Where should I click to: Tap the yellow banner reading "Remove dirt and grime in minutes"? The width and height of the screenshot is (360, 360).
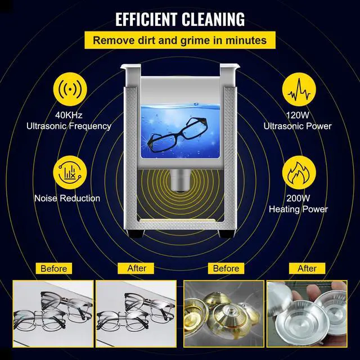click(x=180, y=40)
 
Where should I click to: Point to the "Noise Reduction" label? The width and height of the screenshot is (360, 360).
click(x=67, y=198)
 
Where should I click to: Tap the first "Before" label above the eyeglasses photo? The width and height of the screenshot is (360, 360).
click(x=54, y=268)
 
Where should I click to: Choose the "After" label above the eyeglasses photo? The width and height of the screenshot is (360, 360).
click(x=137, y=268)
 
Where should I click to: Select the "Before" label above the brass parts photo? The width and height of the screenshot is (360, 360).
click(x=226, y=268)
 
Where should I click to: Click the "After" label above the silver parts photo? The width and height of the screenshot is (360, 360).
click(x=307, y=268)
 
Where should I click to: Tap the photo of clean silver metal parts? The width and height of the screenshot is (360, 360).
click(x=307, y=315)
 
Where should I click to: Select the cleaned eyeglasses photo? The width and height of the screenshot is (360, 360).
click(x=137, y=315)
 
